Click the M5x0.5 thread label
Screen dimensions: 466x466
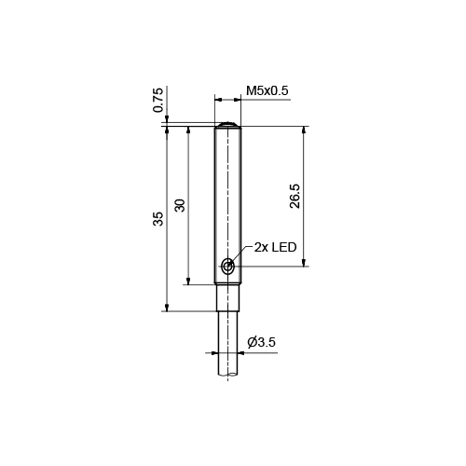(x=267, y=90)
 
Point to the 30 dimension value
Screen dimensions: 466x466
(x=180, y=205)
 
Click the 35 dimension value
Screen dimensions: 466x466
(x=158, y=218)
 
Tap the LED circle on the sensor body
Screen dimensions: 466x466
(x=228, y=267)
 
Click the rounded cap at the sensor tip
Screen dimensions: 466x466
(x=227, y=124)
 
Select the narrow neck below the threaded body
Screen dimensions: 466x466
(x=227, y=297)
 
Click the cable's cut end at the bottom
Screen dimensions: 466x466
(x=227, y=375)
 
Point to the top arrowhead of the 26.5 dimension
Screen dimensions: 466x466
(x=305, y=131)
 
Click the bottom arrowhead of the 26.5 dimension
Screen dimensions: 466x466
(x=305, y=262)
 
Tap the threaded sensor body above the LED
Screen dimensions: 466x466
(x=227, y=186)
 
